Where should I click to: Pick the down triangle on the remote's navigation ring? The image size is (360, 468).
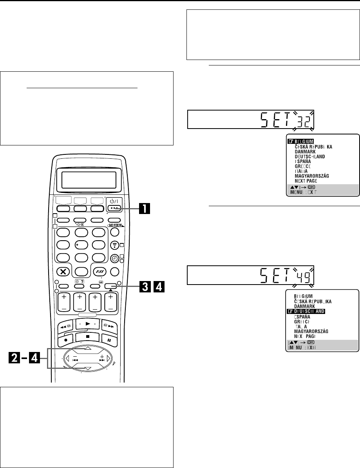[x=88, y=368]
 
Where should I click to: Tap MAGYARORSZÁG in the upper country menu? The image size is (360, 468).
[x=315, y=176]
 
